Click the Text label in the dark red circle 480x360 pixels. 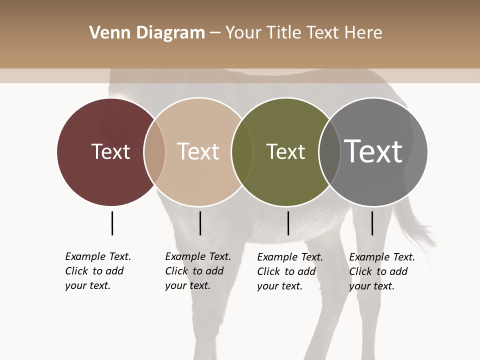click(110, 151)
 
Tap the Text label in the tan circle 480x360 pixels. click(198, 151)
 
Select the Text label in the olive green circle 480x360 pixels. click(285, 151)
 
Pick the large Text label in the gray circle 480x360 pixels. click(373, 151)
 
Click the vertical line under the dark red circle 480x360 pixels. click(112, 223)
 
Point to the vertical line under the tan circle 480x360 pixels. click(200, 223)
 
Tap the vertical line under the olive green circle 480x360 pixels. click(288, 223)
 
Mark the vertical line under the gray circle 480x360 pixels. click(372, 223)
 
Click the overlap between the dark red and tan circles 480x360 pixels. click(154, 151)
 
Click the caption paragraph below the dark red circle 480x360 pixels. click(97, 271)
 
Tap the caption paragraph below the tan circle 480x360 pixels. click(197, 271)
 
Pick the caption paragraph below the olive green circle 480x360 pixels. click(289, 271)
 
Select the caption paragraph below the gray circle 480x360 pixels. click(381, 271)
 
